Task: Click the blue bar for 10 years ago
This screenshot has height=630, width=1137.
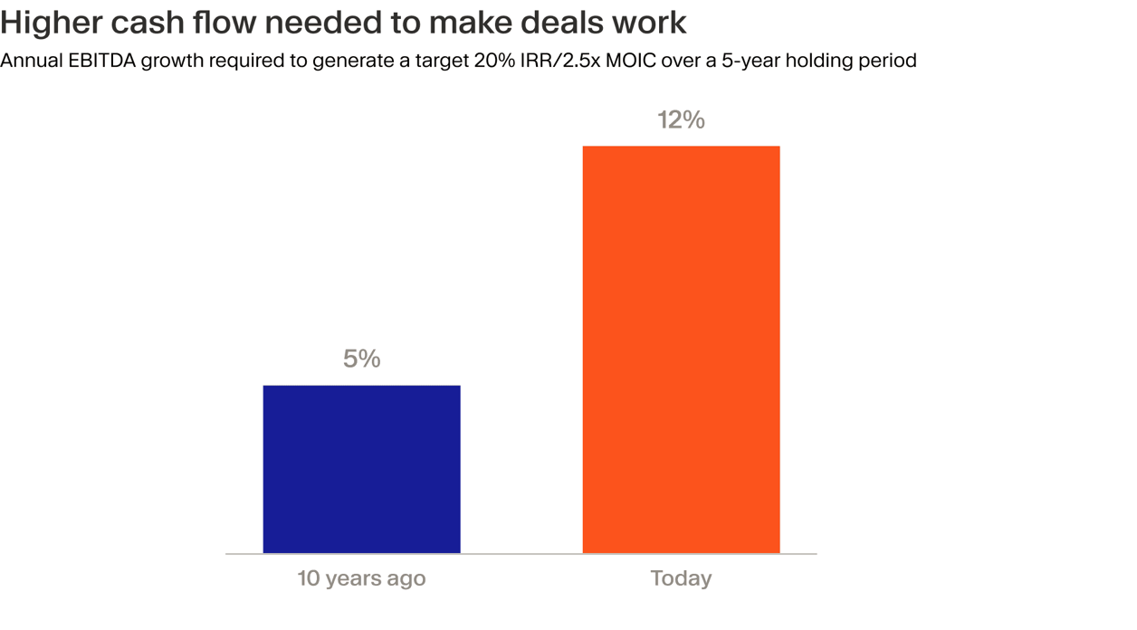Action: [361, 469]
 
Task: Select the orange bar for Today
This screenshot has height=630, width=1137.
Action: [681, 349]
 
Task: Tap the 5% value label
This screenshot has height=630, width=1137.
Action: [361, 358]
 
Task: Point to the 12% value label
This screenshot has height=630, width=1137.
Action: [681, 119]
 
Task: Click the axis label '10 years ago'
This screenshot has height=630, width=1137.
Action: [361, 578]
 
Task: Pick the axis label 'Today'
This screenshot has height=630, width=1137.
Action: [681, 578]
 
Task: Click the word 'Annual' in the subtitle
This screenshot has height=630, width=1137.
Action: [31, 61]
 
